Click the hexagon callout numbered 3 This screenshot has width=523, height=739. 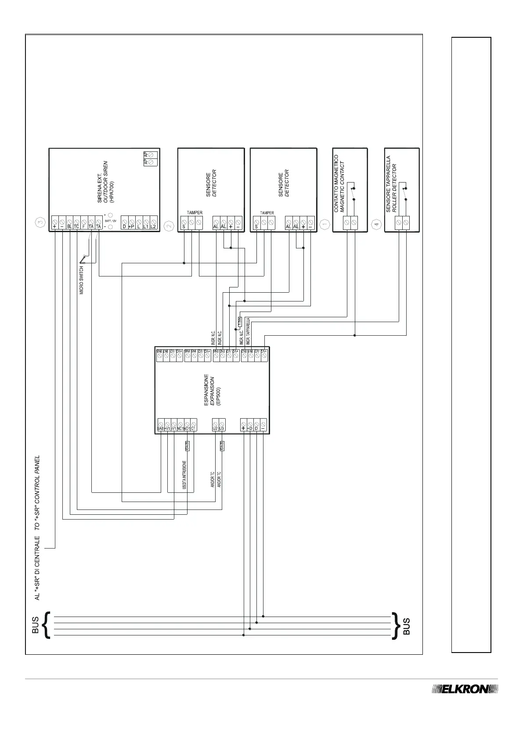pyautogui.click(x=40, y=223)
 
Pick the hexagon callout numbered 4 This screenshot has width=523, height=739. pyautogui.click(x=376, y=225)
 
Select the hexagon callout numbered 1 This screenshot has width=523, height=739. pyautogui.click(x=324, y=225)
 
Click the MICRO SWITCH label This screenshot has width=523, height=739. pyautogui.click(x=82, y=280)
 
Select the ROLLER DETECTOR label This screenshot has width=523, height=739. pyautogui.click(x=394, y=188)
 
